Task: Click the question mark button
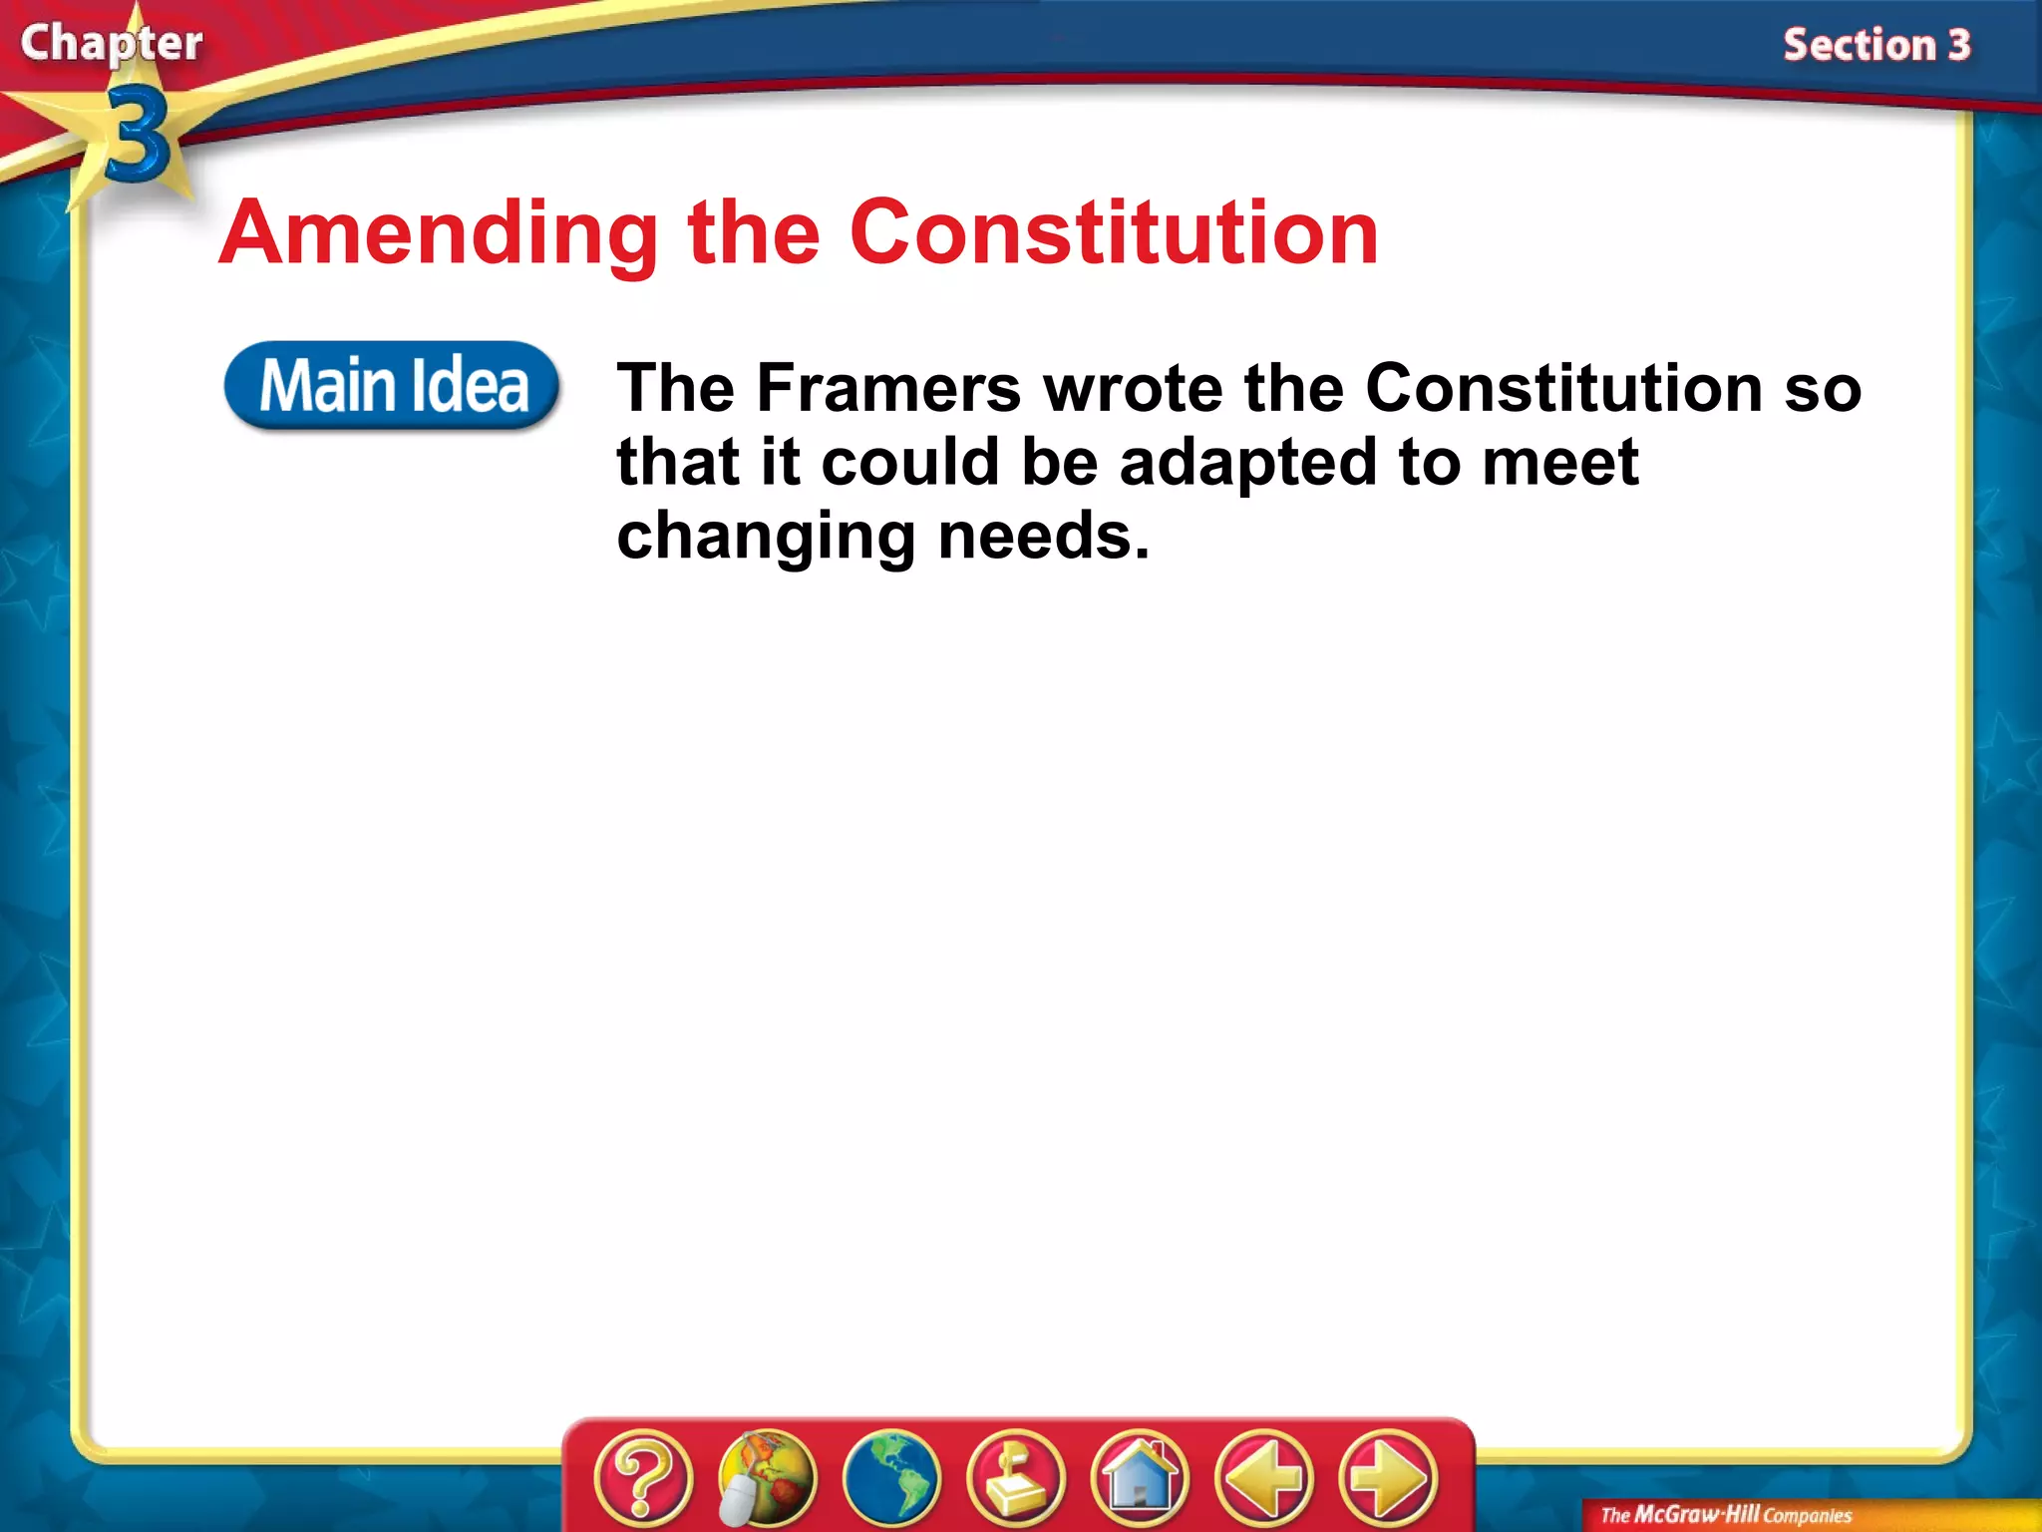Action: pyautogui.click(x=643, y=1477)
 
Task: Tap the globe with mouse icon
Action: pyautogui.click(x=767, y=1477)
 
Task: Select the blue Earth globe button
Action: pyautogui.click(x=890, y=1477)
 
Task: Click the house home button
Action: pyautogui.click(x=1140, y=1477)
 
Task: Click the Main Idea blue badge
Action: pyautogui.click(x=392, y=386)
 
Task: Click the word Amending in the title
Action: pyautogui.click(x=439, y=234)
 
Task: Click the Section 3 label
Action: pyautogui.click(x=1876, y=46)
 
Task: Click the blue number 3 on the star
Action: pyautogui.click(x=137, y=135)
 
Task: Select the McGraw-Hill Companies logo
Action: pyautogui.click(x=1726, y=1515)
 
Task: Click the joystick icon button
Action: pyautogui.click(x=1015, y=1477)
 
